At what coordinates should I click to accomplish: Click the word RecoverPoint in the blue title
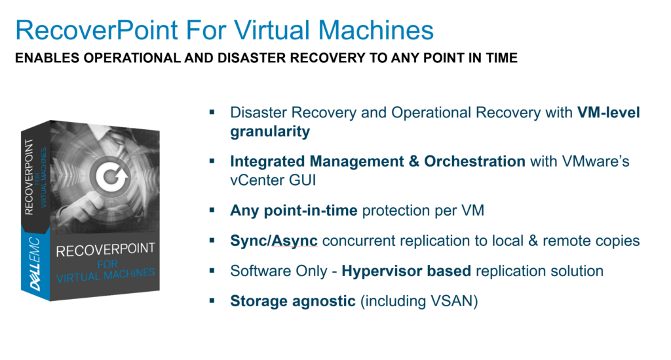(97, 30)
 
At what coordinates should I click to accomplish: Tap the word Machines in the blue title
(375, 30)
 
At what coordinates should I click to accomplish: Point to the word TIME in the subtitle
(501, 58)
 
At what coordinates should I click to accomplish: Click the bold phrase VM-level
(609, 112)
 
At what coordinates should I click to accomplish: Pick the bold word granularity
(270, 131)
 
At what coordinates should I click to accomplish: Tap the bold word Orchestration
(474, 161)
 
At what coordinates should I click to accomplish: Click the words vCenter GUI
(273, 180)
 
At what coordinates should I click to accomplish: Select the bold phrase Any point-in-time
(294, 210)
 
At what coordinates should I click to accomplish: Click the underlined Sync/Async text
(274, 241)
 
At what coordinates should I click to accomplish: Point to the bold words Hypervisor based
(406, 271)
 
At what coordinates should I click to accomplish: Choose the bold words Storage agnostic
(293, 302)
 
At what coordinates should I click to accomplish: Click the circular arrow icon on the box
(113, 176)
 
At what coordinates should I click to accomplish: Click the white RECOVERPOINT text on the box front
(105, 250)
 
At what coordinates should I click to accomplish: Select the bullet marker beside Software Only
(212, 271)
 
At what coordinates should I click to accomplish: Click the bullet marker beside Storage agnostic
(212, 300)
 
